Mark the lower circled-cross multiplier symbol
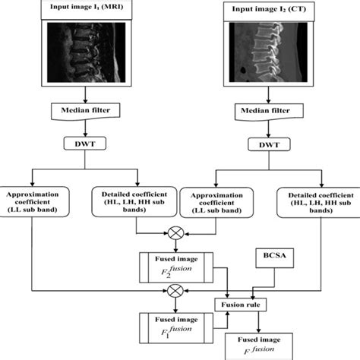click(177, 289)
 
